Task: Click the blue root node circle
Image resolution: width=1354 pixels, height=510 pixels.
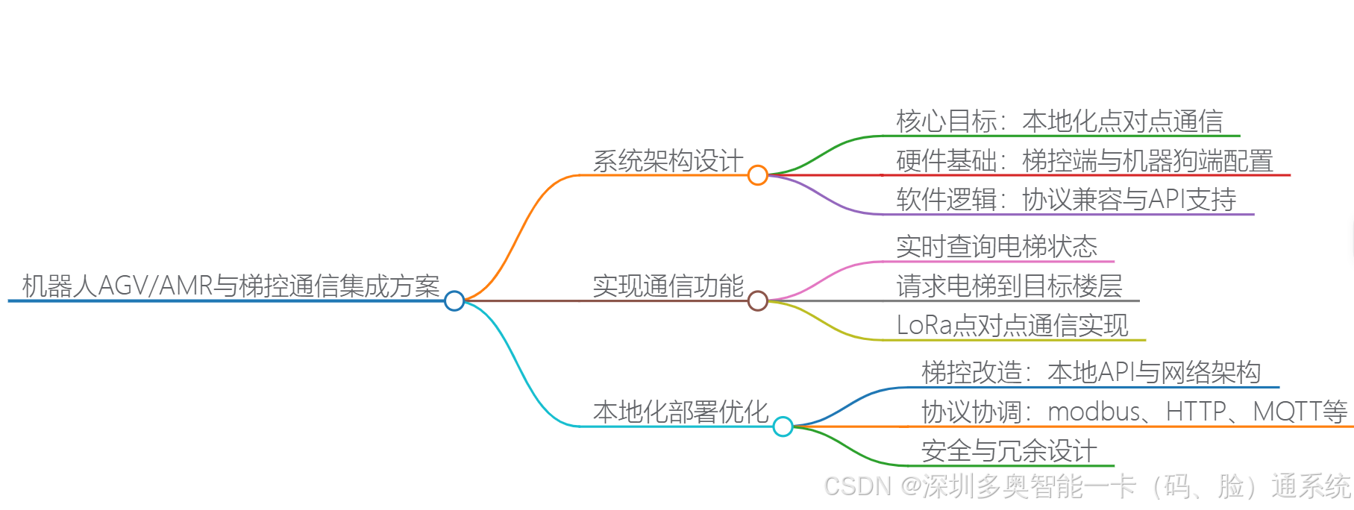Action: [x=454, y=300]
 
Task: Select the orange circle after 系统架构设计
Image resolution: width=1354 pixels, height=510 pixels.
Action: [x=758, y=175]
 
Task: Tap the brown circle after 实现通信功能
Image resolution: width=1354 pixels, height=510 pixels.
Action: [x=758, y=300]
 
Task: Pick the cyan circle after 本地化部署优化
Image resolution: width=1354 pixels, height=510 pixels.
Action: [x=783, y=426]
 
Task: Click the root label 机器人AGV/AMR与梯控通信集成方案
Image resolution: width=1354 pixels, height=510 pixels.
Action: [x=231, y=286]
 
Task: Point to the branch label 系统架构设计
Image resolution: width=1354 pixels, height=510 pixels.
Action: [x=668, y=160]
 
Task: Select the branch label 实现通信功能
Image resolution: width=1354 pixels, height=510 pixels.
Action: [x=668, y=286]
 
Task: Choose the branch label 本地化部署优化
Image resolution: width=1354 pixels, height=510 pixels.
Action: [x=680, y=412]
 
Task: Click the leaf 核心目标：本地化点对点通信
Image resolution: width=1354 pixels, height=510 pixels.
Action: [x=1059, y=121]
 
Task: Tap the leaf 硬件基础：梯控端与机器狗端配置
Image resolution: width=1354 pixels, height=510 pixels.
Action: [x=1085, y=160]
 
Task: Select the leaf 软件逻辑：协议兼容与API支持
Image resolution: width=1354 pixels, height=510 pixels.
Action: [x=1066, y=199]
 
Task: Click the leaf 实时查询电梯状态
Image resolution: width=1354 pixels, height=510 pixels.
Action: [x=997, y=246]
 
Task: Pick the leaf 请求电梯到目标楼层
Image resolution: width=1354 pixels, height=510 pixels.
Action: [x=1009, y=286]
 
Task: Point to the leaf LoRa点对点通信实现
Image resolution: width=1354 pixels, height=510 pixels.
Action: [x=1012, y=325]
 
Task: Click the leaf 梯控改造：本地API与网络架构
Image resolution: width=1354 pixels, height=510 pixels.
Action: [x=1091, y=372]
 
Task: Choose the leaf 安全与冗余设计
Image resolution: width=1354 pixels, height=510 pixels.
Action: [x=1009, y=450]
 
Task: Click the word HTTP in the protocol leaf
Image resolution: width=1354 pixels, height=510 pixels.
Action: [x=1196, y=412]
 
